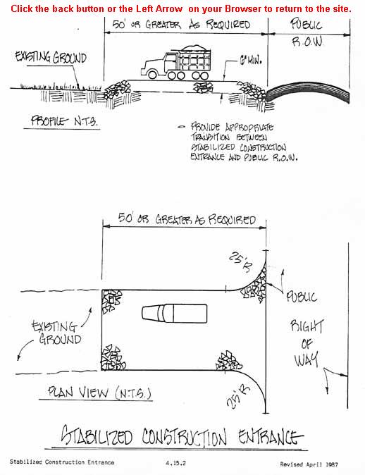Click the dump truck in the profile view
175,63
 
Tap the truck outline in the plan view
175,313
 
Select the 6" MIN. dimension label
250,61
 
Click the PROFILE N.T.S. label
64,121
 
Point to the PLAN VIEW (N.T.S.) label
99,393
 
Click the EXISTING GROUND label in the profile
51,57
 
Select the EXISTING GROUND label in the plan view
56,333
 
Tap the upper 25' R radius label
240,261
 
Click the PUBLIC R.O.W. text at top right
307,32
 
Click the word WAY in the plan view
307,359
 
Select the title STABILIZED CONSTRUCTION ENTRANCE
182,436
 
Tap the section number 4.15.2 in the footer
175,463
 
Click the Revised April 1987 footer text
309,464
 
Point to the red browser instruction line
181,8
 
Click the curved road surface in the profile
307,91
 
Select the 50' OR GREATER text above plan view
187,218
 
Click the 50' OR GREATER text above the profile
181,24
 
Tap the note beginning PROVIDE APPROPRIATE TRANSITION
244,142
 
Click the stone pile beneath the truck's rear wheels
203,87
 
